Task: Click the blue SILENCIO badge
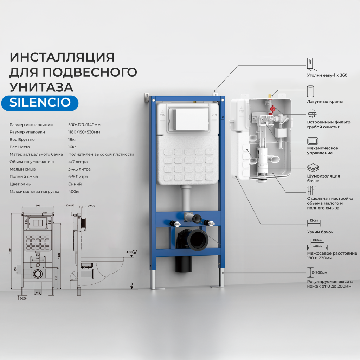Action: [40, 102]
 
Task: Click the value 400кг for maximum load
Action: [74, 191]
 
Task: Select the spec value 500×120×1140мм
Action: [84, 124]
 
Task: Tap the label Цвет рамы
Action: [20, 184]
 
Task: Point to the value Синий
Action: [75, 184]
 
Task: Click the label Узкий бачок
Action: [320, 232]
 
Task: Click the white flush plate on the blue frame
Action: [188, 120]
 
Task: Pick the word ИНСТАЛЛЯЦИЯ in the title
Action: [62, 57]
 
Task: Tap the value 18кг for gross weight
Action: [72, 139]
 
